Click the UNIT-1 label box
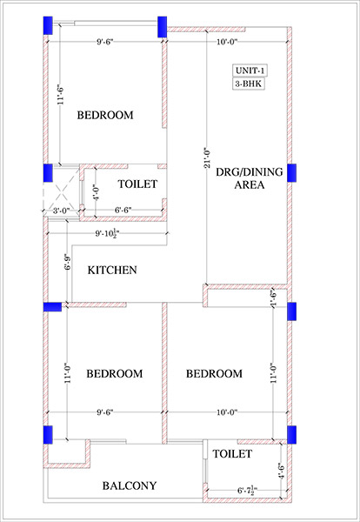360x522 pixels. (x=250, y=70)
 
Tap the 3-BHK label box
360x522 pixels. (x=248, y=84)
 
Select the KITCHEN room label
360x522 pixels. (x=112, y=270)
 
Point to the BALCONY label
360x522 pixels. (x=129, y=485)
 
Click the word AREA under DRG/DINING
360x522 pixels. (x=250, y=184)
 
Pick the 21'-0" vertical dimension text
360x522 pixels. (x=207, y=157)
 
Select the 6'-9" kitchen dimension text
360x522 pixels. (x=68, y=262)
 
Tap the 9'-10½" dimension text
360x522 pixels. (x=108, y=234)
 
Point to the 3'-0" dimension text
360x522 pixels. (x=62, y=211)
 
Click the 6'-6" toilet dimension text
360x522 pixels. (x=123, y=210)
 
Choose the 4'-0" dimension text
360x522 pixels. (x=97, y=192)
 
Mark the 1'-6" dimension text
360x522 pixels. (x=274, y=298)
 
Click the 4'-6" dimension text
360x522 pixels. (x=282, y=471)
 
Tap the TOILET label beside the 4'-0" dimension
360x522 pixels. (x=137, y=184)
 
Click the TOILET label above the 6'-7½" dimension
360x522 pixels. (x=232, y=453)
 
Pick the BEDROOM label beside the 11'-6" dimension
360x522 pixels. (x=105, y=115)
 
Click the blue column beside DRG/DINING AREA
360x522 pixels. (x=292, y=173)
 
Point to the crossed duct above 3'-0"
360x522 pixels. (x=63, y=191)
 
